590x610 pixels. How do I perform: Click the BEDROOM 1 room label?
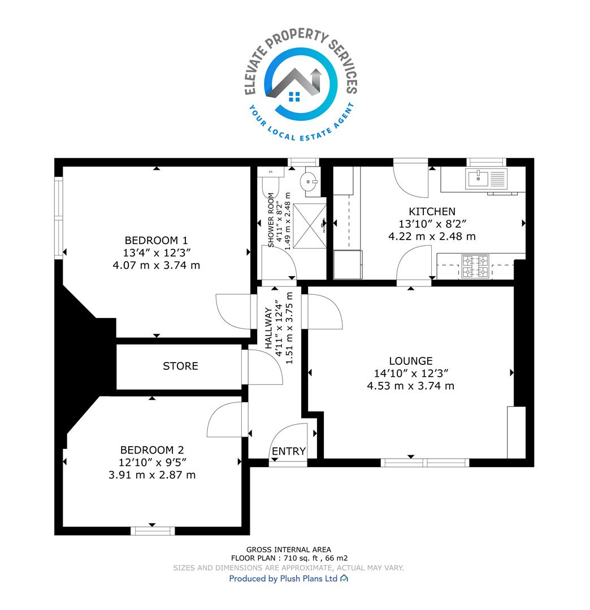(156, 240)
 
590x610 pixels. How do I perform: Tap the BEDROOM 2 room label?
(152, 450)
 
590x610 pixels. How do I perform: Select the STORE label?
(180, 365)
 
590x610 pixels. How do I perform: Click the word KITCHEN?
(432, 211)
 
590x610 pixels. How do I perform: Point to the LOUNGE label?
(411, 360)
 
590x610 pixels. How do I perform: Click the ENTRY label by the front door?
(288, 451)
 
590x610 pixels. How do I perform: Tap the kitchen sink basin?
(478, 179)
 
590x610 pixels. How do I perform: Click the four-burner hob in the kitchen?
(475, 266)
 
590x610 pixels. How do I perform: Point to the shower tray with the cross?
(309, 225)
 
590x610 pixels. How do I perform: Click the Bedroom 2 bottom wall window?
(153, 530)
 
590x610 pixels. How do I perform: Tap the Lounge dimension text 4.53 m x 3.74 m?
(411, 386)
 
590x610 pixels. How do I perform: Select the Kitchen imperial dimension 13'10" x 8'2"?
(432, 224)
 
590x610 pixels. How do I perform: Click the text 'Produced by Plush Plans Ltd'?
(283, 578)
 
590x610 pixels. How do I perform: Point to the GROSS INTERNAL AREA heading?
(288, 550)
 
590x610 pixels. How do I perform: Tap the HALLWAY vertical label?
(268, 328)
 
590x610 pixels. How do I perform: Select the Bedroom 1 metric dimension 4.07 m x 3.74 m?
(156, 265)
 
